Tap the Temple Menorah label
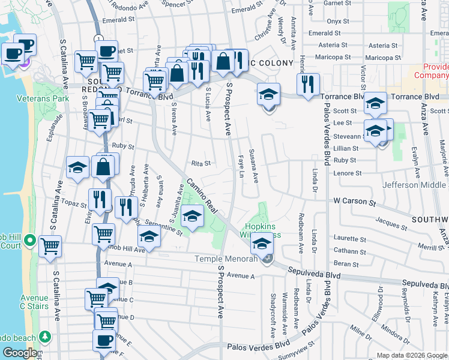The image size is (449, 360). point(225,259)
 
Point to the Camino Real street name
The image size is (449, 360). point(200,196)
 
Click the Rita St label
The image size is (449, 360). point(200,163)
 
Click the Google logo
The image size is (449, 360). point(20,353)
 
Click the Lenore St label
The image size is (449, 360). point(348,173)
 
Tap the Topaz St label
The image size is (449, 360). point(77,205)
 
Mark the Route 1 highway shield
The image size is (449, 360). point(98,38)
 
